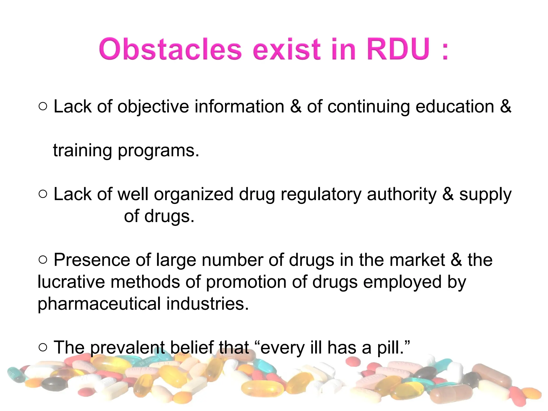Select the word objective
pyautogui.click(x=153, y=106)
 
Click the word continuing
pyautogui.click(x=368, y=106)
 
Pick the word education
pyautogui.click(x=455, y=106)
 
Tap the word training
pyautogui.click(x=82, y=150)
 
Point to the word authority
pyautogui.click(x=402, y=194)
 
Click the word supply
pyautogui.click(x=485, y=195)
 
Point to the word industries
pyautogui.click(x=207, y=304)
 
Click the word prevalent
pyautogui.click(x=127, y=348)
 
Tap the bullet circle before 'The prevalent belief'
pyautogui.click(x=43, y=348)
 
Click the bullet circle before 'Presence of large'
pyautogui.click(x=43, y=260)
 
